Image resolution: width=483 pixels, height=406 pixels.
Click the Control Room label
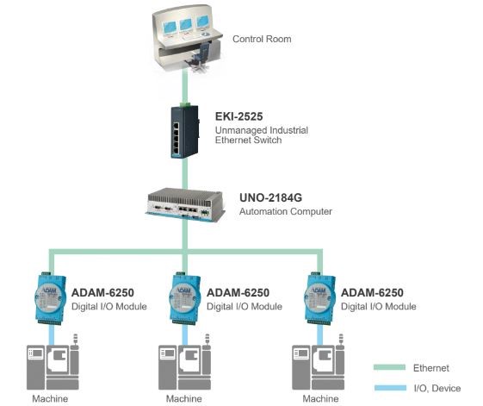[x=262, y=39]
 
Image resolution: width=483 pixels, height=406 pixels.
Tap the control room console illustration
[x=187, y=38]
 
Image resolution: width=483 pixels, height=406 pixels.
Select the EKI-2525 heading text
[x=239, y=116]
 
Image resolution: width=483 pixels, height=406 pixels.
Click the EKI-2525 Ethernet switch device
[x=185, y=132]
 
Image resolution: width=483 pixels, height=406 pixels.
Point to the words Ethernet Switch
[x=248, y=140]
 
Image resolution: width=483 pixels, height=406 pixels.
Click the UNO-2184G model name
[x=270, y=197]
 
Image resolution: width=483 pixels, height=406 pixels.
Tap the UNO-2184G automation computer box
[x=185, y=204]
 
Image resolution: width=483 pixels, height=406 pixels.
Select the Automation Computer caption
[x=286, y=212]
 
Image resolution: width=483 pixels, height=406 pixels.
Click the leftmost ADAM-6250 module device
[x=50, y=298]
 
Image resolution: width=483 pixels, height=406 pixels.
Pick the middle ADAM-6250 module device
[x=185, y=298]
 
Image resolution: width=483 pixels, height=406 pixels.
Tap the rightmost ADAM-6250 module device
[x=319, y=298]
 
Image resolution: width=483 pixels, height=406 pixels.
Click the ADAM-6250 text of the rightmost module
[x=372, y=292]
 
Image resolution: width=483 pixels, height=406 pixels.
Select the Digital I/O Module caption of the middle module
[x=245, y=306]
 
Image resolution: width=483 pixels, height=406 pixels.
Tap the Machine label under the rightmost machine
[x=320, y=398]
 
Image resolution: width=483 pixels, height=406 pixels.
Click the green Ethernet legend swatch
[x=390, y=367]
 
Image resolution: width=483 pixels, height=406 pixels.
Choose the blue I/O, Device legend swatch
[x=390, y=388]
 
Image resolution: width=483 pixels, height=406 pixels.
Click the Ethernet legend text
[x=431, y=368]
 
